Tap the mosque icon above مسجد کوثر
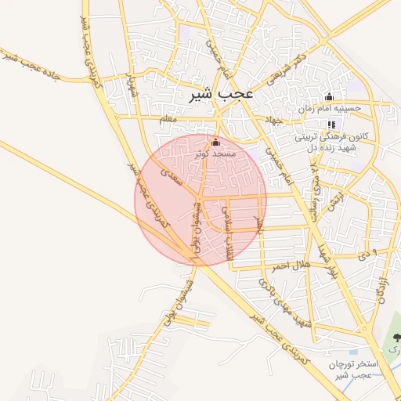click(x=216, y=143)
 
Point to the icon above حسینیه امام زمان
click(x=329, y=98)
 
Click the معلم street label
click(x=168, y=119)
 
